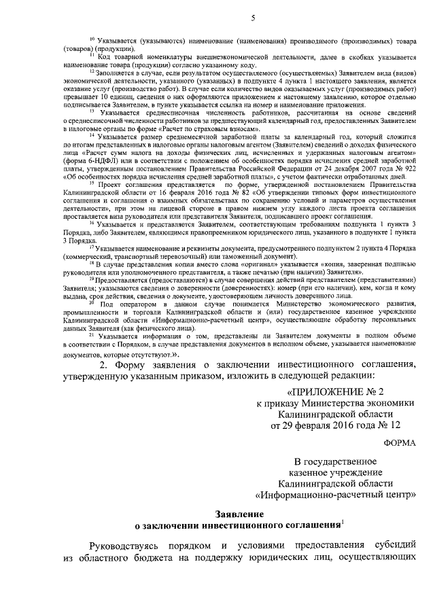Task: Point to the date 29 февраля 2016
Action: tap(311, 426)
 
